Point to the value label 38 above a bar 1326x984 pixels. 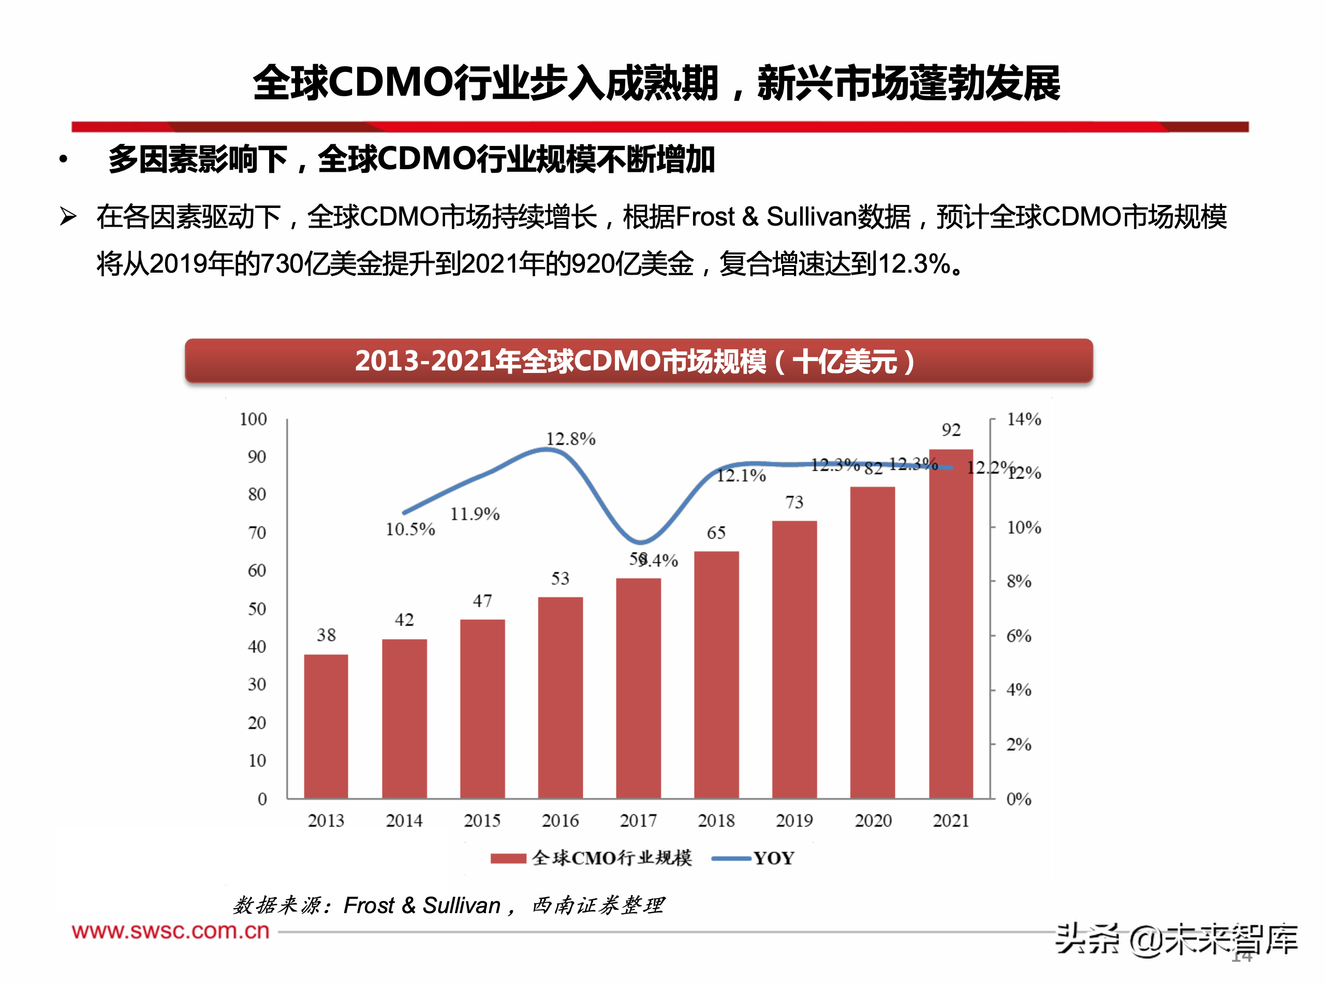tap(326, 635)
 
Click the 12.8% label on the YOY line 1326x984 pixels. tap(570, 439)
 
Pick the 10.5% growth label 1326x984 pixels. tap(410, 529)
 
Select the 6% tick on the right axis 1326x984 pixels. tap(1018, 635)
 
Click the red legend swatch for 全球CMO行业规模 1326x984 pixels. tap(508, 858)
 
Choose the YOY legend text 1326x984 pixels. tap(774, 858)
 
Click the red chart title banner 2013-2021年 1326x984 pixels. tap(638, 361)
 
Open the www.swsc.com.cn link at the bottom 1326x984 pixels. tap(170, 931)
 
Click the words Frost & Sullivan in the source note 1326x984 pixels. tap(422, 905)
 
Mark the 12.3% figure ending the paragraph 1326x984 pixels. tap(914, 263)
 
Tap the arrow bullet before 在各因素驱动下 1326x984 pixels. tap(68, 216)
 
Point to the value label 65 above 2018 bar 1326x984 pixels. tap(716, 532)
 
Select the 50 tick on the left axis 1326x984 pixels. tap(256, 609)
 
